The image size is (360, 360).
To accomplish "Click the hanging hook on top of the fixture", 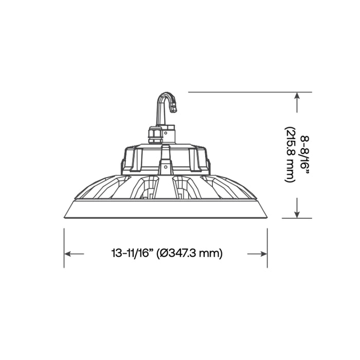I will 164,105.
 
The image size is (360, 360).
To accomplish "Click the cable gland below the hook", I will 154,135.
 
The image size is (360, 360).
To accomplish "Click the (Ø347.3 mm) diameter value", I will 190,253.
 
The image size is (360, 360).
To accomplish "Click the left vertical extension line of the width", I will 64,247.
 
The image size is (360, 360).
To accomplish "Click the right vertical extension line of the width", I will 267,247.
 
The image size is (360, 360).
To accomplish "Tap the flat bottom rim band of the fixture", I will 166,209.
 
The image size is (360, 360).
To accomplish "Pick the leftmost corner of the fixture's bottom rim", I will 64,217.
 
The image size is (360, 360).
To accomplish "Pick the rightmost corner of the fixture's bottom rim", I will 267,217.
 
